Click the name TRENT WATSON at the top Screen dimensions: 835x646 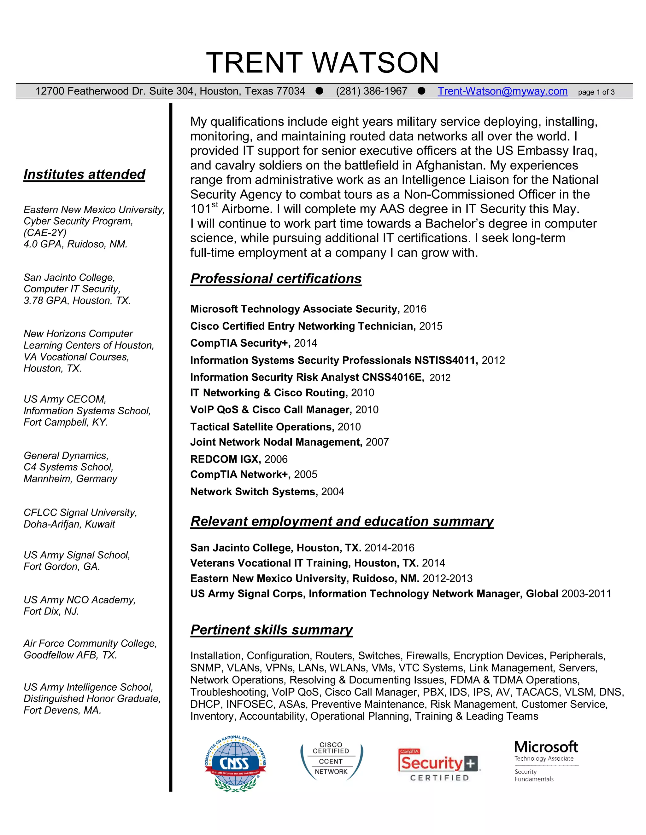(323, 63)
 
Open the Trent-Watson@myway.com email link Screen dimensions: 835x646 (502, 91)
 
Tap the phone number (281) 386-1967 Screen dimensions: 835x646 (372, 91)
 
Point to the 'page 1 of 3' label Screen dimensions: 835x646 (596, 92)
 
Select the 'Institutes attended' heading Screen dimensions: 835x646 (84, 174)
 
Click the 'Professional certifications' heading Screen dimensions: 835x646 (276, 279)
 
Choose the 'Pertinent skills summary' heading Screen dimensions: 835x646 (271, 630)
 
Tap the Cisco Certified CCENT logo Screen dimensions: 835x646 (331, 762)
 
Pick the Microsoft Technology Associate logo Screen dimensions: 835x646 (546, 761)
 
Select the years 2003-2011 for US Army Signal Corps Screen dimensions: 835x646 (586, 593)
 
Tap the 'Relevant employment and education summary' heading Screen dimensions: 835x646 (342, 521)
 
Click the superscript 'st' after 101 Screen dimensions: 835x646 (215, 204)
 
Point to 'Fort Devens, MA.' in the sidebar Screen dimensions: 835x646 (62, 710)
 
